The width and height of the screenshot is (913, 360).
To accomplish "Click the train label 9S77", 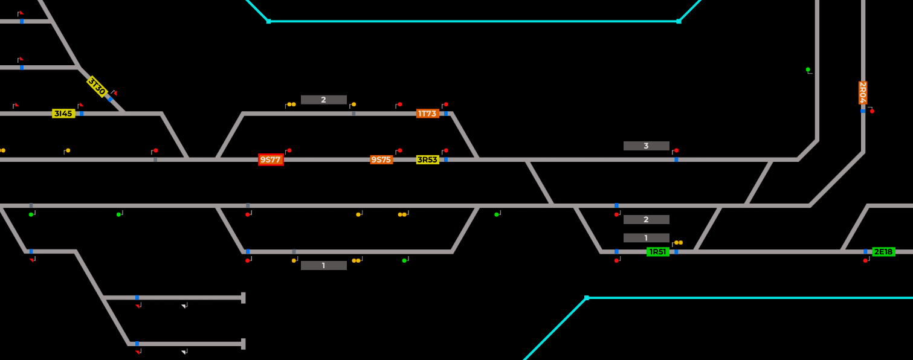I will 271,159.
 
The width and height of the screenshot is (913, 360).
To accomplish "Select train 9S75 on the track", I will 381,159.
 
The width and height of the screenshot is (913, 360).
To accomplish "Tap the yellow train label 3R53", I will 427,159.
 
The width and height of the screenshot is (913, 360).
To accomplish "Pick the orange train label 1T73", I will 427,114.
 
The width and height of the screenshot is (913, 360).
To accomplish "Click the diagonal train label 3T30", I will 97,86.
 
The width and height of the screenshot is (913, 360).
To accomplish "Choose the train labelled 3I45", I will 63,114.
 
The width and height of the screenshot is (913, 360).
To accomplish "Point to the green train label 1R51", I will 657,251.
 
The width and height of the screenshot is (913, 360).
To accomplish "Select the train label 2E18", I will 883,251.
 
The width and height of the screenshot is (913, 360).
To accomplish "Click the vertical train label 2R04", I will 863,92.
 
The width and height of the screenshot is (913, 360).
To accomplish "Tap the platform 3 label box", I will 646,146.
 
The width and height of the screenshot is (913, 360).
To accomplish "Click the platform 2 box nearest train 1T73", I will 323,100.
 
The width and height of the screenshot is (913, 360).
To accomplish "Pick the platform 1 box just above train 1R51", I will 646,238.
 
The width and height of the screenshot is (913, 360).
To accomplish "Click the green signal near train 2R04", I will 808,69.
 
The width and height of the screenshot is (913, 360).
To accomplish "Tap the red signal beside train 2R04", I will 872,111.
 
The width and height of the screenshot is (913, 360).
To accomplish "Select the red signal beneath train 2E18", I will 865,260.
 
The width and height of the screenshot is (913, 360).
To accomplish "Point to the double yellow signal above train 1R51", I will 678,242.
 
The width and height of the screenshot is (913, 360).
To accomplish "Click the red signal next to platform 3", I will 676,150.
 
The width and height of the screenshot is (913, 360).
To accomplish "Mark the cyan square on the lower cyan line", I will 586,298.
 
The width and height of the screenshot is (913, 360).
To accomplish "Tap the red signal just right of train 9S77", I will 289,150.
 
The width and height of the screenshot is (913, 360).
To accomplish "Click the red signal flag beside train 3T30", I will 114,93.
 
